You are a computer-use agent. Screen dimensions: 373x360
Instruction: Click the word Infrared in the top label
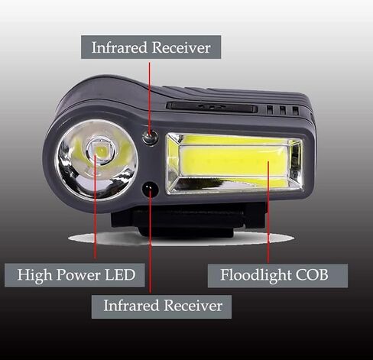click(x=119, y=47)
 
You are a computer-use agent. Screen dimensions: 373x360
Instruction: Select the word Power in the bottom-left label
click(x=78, y=275)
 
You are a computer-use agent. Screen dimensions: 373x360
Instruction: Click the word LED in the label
click(x=120, y=275)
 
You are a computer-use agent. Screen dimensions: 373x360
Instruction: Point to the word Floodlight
click(x=256, y=275)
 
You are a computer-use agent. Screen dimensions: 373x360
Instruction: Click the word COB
click(x=312, y=275)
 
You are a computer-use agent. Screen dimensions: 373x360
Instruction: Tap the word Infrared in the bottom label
click(x=131, y=306)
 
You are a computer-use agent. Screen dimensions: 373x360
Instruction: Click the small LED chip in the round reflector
click(x=100, y=151)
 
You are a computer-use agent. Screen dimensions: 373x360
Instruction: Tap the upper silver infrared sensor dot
click(x=151, y=138)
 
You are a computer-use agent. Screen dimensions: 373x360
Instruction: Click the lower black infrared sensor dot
click(x=151, y=190)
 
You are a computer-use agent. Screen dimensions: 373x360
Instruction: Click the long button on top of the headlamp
click(x=212, y=107)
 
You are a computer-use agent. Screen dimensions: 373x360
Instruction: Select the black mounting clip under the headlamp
click(x=189, y=220)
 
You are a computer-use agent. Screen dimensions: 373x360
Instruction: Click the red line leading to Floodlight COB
click(x=268, y=212)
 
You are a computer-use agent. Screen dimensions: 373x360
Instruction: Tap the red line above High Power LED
click(x=95, y=206)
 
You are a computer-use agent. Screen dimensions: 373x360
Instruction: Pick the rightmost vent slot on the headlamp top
click(x=295, y=110)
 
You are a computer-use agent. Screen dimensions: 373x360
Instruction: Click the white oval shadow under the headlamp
click(x=181, y=238)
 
